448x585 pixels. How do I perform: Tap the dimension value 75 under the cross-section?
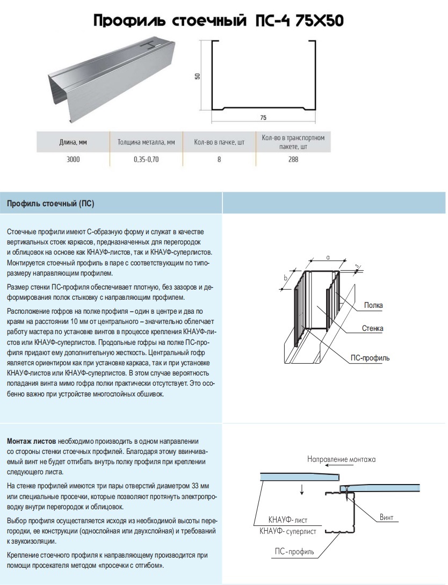[x=263, y=117]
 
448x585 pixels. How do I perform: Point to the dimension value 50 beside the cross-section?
[x=198, y=76]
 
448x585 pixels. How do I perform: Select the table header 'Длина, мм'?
[x=73, y=143]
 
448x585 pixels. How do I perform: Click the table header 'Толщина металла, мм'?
[x=146, y=143]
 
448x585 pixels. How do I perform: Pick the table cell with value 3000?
[x=73, y=160]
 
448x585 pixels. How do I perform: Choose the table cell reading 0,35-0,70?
[x=146, y=160]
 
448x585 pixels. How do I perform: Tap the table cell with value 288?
[x=293, y=160]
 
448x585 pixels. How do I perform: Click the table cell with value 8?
[x=219, y=160]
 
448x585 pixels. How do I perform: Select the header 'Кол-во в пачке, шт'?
[x=219, y=143]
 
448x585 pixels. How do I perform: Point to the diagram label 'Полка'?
[x=373, y=306]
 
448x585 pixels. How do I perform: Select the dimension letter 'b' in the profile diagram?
[x=285, y=278]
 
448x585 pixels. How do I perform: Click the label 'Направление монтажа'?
[x=342, y=459]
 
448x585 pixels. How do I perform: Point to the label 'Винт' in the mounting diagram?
[x=386, y=517]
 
